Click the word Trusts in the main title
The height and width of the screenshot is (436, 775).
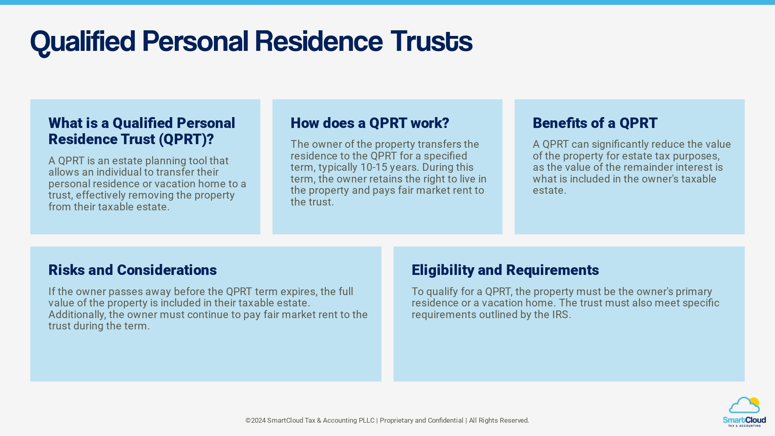point(431,41)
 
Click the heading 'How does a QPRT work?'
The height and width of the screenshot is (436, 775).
point(369,123)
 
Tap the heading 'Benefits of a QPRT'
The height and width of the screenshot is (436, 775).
point(595,123)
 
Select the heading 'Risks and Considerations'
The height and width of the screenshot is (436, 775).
point(132,270)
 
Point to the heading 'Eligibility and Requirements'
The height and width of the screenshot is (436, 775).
point(505,270)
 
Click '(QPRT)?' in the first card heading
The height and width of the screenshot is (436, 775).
point(186,139)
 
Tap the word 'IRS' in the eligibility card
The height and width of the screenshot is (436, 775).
point(560,314)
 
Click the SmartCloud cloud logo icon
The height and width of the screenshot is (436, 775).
point(744,405)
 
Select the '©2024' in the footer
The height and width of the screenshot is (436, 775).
point(255,421)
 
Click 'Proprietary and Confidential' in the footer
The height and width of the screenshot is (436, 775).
point(421,421)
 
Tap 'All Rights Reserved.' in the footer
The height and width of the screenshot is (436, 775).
point(499,421)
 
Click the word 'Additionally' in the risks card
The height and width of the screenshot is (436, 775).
point(76,314)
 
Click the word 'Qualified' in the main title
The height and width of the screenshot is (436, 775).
point(83,41)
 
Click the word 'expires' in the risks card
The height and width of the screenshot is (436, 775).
point(298,291)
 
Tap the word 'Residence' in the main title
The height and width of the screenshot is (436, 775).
point(318,41)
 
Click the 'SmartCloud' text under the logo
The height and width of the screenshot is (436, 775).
point(744,420)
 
